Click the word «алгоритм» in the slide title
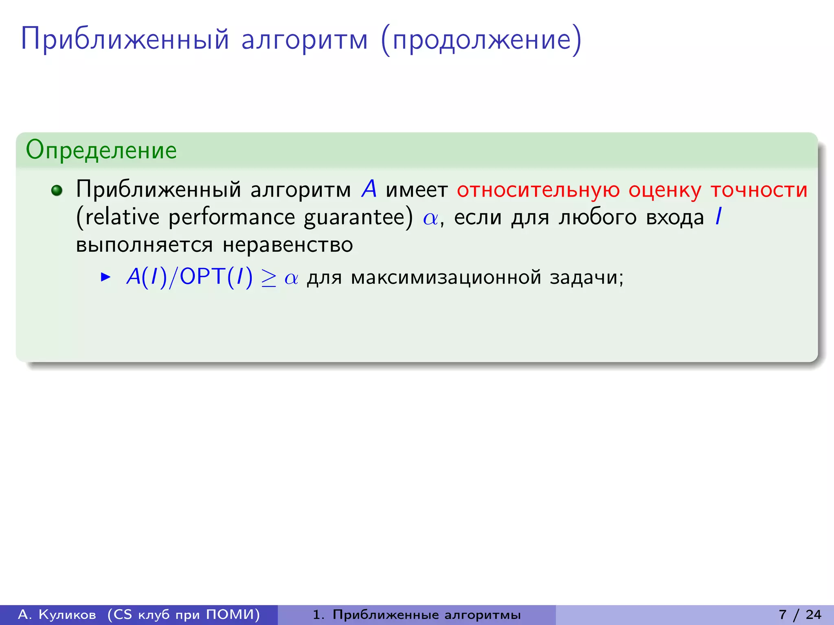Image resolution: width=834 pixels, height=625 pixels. click(305, 41)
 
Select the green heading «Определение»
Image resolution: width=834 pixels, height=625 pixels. click(101, 150)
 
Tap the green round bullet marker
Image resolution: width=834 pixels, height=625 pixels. click(57, 190)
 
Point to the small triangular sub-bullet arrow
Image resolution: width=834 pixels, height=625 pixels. click(105, 278)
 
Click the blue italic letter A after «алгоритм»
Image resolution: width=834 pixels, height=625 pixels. click(369, 190)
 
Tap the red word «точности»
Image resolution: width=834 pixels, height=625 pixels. click(759, 190)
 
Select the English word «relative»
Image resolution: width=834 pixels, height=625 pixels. click(122, 217)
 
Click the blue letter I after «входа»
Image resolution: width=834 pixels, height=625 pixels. click(719, 217)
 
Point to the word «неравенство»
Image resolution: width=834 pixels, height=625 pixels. click(288, 245)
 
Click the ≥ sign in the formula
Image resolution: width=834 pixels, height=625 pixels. click(269, 278)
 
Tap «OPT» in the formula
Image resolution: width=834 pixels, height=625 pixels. click(202, 278)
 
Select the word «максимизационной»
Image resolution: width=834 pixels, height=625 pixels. click(446, 278)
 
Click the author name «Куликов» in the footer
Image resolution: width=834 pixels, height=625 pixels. click(67, 614)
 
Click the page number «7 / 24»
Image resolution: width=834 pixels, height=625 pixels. click(800, 614)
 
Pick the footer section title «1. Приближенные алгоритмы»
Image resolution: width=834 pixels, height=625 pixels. click(417, 614)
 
